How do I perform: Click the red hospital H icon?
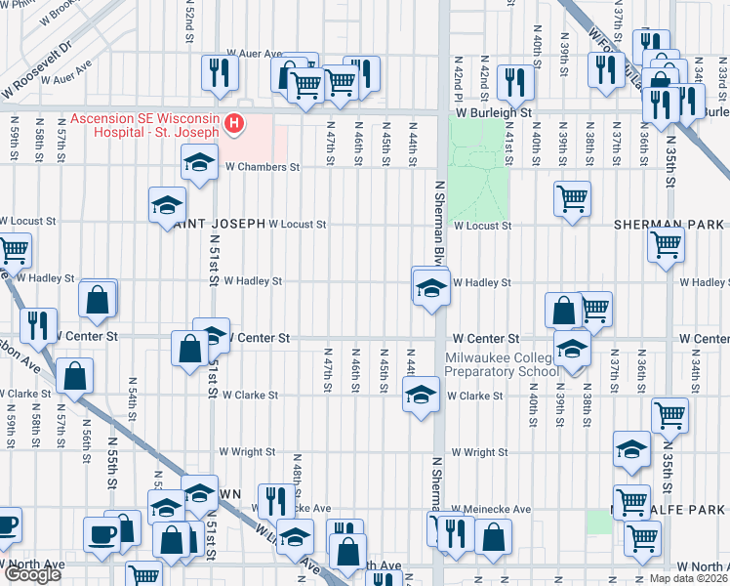(x=234, y=122)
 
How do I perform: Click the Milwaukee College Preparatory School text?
(x=503, y=363)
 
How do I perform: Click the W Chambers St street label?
(x=262, y=167)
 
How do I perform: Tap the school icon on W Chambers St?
(x=199, y=162)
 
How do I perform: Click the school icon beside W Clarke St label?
(x=420, y=396)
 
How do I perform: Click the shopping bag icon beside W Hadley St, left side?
(x=98, y=300)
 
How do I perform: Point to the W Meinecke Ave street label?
(x=491, y=510)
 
